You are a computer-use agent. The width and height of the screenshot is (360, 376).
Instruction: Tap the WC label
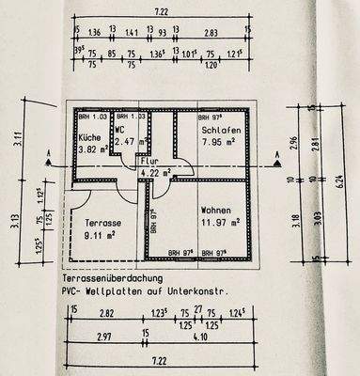(120, 130)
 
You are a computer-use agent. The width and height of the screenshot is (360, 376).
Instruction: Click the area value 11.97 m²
(222, 222)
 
